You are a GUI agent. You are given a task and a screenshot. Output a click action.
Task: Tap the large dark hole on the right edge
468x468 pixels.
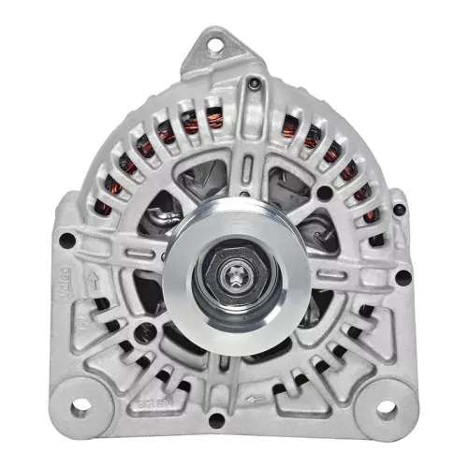point(401,277)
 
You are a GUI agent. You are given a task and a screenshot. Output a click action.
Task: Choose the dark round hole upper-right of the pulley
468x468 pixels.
point(325,193)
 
